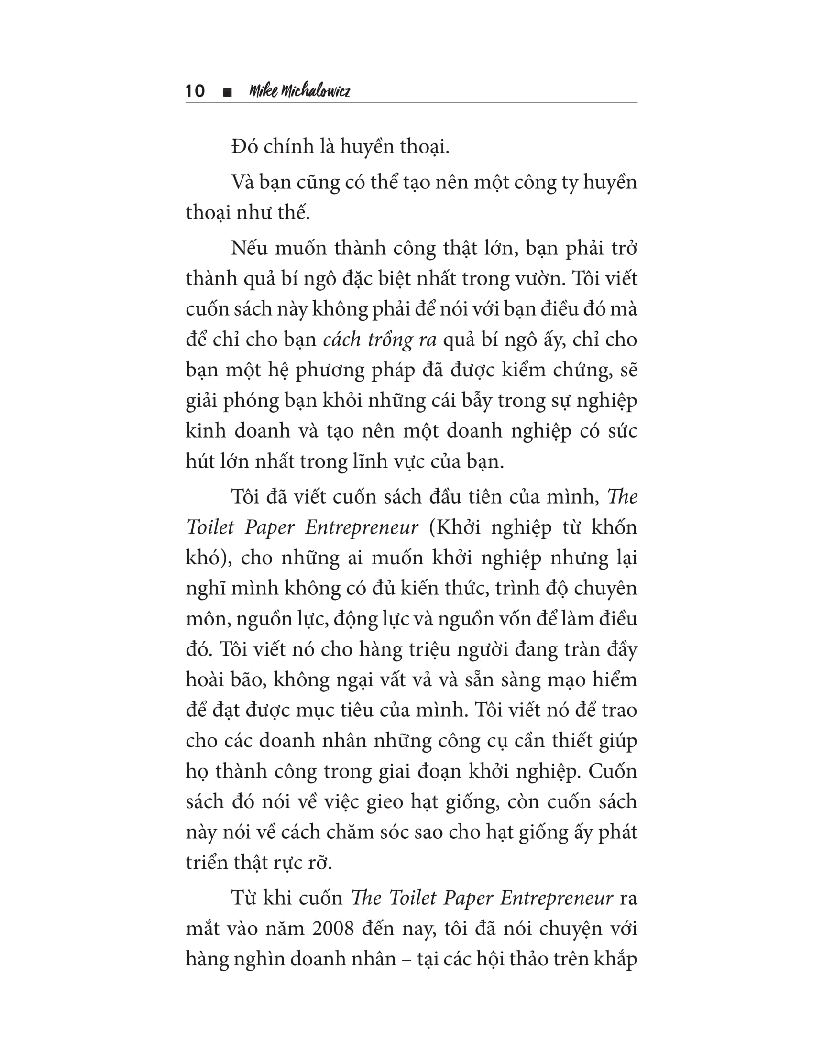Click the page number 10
click(x=195, y=91)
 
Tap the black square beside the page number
click(x=228, y=92)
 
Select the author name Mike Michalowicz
click(x=299, y=91)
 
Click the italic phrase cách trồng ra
click(x=380, y=340)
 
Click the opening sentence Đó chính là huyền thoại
click(x=340, y=146)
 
